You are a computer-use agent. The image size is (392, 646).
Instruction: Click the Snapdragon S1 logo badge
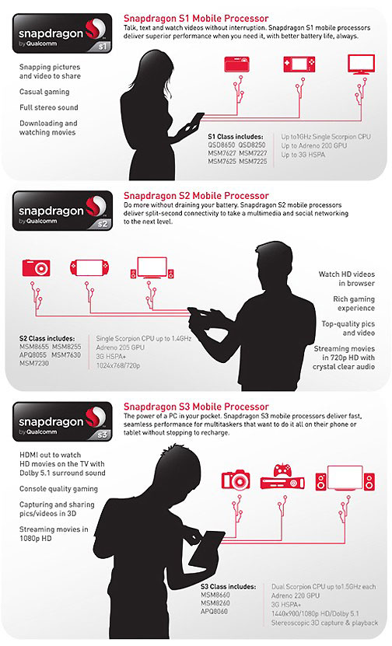(62, 33)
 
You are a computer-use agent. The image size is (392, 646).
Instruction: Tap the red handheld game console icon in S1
(299, 65)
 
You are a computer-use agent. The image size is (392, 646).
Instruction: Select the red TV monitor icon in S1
(361, 65)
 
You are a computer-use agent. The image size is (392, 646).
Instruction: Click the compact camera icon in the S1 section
(237, 65)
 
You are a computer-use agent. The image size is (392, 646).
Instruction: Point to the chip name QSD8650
(222, 145)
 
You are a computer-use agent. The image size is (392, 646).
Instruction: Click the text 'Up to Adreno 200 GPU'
(313, 146)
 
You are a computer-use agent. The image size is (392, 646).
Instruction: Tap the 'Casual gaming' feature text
(44, 92)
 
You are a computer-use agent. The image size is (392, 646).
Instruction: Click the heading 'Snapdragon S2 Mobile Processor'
(196, 196)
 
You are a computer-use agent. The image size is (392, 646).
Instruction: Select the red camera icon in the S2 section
(37, 267)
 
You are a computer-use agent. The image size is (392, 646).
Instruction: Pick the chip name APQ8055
(33, 355)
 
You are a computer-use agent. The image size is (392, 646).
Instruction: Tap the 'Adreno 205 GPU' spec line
(121, 347)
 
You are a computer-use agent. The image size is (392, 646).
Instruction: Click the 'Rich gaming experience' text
(354, 304)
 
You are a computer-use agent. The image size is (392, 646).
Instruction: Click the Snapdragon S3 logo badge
(62, 422)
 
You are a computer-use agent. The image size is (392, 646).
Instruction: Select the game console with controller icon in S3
(282, 477)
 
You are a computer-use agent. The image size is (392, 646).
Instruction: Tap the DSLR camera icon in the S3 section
(236, 480)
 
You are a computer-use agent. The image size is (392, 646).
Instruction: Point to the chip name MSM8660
(215, 595)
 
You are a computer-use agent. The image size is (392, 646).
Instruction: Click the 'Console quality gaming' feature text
(58, 489)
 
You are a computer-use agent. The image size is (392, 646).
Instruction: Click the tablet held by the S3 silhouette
(207, 549)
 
